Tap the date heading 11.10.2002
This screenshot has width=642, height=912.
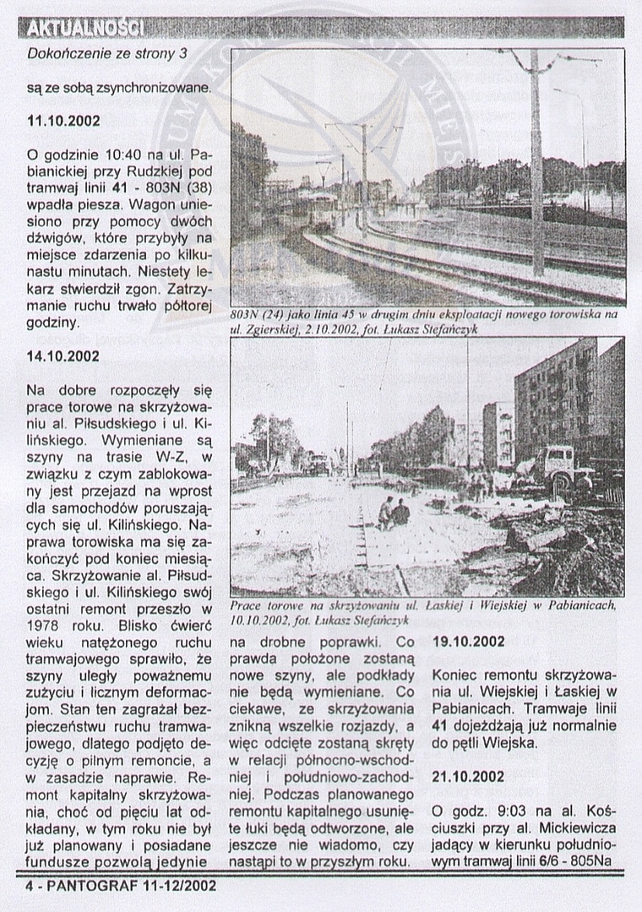pyautogui.click(x=63, y=122)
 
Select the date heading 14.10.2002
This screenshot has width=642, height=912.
pyautogui.click(x=63, y=356)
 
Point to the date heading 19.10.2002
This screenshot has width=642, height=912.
pyautogui.click(x=469, y=642)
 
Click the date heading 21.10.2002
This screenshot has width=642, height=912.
pyautogui.click(x=469, y=776)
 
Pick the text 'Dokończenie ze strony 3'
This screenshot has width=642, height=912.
pyautogui.click(x=106, y=54)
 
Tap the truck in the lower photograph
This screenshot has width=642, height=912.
pyautogui.click(x=561, y=469)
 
